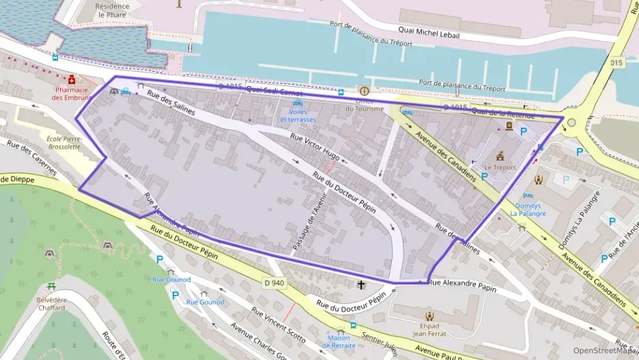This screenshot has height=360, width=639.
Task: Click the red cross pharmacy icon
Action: [71, 79]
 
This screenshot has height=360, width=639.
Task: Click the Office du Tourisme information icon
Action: [364, 91]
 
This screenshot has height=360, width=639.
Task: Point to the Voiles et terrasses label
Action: [298, 115]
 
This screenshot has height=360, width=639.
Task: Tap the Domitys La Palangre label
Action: [528, 209]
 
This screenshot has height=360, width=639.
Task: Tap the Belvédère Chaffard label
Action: [51, 303]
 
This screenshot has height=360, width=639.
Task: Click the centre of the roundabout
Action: [571, 123]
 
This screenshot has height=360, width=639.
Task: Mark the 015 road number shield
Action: [617, 62]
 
